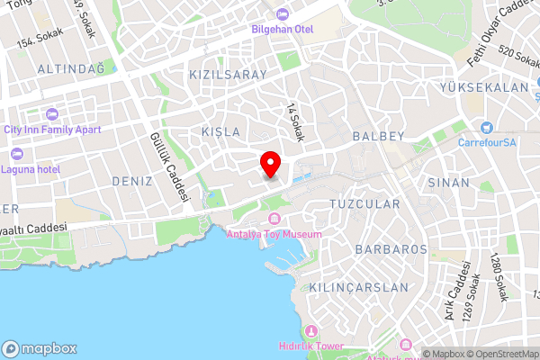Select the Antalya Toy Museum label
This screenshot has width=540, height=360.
[274, 234]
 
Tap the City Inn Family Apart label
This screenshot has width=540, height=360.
[51, 129]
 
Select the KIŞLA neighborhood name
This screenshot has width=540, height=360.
[221, 131]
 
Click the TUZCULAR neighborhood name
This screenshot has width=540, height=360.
[364, 204]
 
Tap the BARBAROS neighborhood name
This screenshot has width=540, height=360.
[391, 248]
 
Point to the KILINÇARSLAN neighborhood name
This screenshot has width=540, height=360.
[358, 287]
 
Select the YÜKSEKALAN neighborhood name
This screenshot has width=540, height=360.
[483, 87]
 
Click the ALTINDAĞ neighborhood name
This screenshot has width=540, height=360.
[71, 68]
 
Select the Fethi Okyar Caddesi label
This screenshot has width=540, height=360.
[500, 37]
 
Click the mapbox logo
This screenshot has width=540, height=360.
[40, 348]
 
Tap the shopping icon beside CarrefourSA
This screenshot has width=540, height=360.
[487, 128]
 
